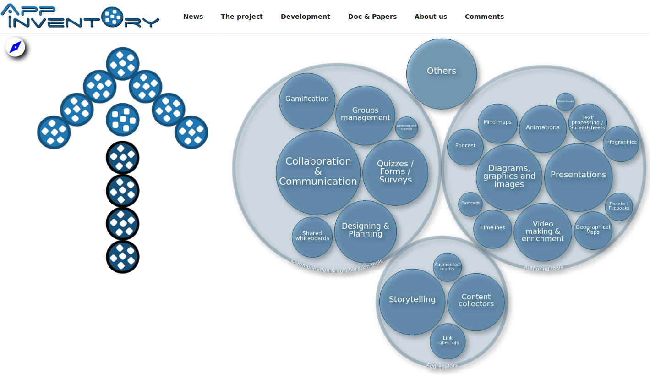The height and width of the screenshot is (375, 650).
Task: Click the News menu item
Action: [x=193, y=17]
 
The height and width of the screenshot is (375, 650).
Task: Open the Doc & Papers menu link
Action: [x=372, y=17]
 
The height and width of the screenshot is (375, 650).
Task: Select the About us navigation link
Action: [x=431, y=17]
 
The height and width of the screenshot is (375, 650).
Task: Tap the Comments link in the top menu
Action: [x=484, y=17]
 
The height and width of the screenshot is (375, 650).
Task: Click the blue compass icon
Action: [x=16, y=47]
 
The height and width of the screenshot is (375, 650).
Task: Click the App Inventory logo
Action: [x=80, y=17]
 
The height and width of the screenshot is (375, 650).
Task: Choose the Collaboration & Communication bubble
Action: [x=318, y=172]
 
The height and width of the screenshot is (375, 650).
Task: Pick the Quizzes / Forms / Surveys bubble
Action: [x=395, y=172]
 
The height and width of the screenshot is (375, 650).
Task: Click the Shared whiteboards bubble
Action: [x=312, y=237]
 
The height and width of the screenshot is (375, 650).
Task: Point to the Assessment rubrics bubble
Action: [x=406, y=128]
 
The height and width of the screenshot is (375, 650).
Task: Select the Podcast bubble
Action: [x=465, y=147]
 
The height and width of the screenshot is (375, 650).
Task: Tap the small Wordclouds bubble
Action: [x=565, y=102]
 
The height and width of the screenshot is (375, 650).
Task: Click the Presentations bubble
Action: [x=578, y=177]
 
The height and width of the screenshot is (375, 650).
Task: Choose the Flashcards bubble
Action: [x=470, y=204]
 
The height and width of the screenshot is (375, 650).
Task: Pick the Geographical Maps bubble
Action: [x=593, y=231]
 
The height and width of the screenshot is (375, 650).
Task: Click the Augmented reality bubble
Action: [x=447, y=267]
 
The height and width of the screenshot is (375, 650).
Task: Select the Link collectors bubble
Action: [x=448, y=341]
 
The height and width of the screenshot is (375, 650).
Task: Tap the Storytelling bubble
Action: [x=412, y=301]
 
